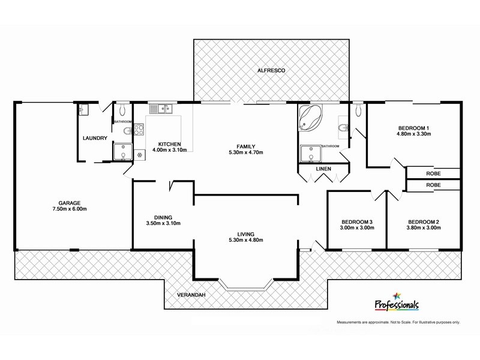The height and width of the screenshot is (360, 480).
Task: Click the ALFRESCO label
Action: coord(271,71)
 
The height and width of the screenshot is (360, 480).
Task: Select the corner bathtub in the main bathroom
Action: coord(311,118)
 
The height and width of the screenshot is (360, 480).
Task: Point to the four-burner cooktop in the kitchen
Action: coord(139,130)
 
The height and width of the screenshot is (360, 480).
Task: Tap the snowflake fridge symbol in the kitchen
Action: coord(140,155)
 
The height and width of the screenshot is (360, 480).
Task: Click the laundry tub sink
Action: coord(83,109)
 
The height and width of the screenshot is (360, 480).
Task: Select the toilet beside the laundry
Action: coord(122,109)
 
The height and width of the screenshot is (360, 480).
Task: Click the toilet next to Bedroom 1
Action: coord(358,109)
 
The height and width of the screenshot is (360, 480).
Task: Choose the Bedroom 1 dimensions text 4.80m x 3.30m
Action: coord(413,134)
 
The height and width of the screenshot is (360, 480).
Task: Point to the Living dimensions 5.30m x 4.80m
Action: coord(246,240)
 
